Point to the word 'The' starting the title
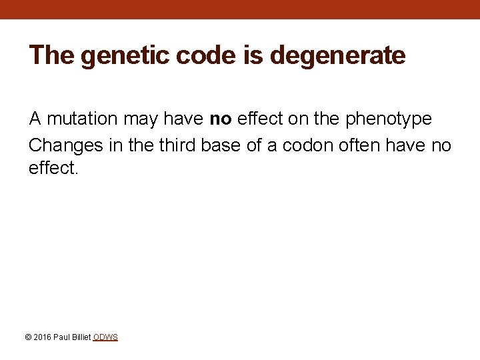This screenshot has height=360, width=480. (52, 55)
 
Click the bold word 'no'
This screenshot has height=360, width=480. (221, 119)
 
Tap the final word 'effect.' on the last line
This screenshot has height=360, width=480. (53, 169)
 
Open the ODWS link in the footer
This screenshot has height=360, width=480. (105, 337)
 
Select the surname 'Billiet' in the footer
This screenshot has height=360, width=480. (80, 337)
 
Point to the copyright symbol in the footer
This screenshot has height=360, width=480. (27, 337)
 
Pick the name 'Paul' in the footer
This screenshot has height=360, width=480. (61, 337)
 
